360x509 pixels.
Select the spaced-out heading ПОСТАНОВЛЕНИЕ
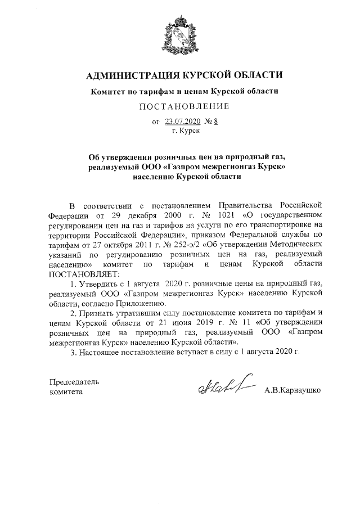(181, 106)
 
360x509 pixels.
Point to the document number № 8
(210, 121)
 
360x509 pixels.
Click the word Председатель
(75, 382)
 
